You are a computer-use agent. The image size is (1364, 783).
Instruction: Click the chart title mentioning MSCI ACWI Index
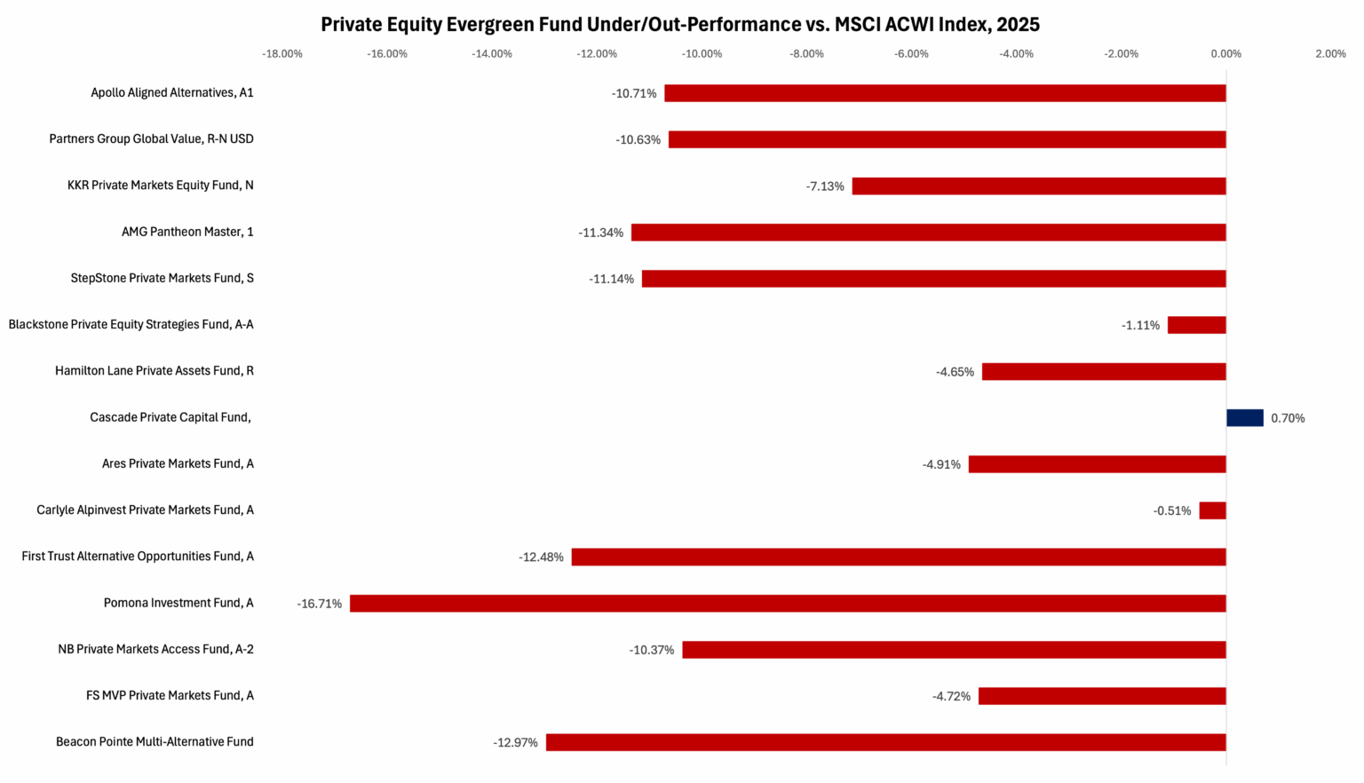(680, 24)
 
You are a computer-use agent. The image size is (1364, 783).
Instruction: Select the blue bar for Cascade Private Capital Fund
(1244, 417)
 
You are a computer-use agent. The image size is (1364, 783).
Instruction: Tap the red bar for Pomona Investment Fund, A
(788, 604)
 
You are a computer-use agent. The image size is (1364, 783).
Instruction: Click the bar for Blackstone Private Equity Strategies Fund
(1196, 325)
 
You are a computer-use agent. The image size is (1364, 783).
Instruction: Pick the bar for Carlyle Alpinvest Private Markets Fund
(1212, 510)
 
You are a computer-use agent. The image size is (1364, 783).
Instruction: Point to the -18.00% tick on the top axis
(282, 54)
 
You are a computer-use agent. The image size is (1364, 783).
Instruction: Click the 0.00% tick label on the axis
(1225, 54)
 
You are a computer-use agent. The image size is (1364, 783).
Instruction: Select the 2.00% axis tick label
(1330, 54)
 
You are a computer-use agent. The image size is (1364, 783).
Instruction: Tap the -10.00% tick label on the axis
(702, 54)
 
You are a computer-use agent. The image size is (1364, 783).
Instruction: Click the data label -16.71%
(320, 604)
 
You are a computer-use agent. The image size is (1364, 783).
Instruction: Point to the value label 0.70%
(1288, 418)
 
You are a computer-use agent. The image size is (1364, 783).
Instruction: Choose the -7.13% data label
(825, 186)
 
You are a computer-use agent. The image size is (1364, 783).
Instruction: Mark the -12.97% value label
(515, 742)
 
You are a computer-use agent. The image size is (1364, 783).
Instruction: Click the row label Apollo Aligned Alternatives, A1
(172, 92)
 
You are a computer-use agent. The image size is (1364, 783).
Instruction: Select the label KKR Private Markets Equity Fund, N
(161, 186)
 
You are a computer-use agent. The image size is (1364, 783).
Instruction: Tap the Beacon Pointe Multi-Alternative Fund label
(155, 741)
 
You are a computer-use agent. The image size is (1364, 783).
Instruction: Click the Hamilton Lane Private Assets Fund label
(155, 370)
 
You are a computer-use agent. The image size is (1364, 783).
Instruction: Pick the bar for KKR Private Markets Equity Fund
(1039, 186)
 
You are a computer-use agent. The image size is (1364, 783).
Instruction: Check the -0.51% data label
(1172, 510)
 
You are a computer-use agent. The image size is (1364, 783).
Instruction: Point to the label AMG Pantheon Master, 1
(187, 232)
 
